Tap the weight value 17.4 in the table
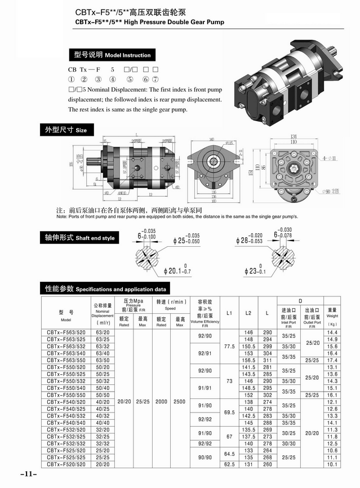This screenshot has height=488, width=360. coord(332,360)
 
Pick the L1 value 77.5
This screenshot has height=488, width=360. coord(229,347)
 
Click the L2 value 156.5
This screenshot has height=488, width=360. coord(248,360)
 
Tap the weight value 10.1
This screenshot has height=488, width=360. coord(332,465)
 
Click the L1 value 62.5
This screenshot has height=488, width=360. coord(229,465)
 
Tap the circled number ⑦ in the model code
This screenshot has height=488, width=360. coord(155,79)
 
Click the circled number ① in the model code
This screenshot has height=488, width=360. coord(72,79)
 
